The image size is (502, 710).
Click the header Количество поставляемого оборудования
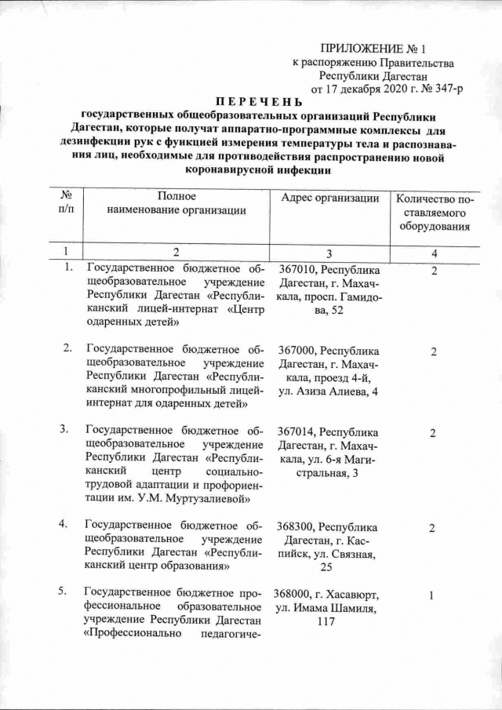433,213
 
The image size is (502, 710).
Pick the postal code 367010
296,270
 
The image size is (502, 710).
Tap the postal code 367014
296,432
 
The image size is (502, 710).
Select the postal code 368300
296,526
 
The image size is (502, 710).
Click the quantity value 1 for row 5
431,596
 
